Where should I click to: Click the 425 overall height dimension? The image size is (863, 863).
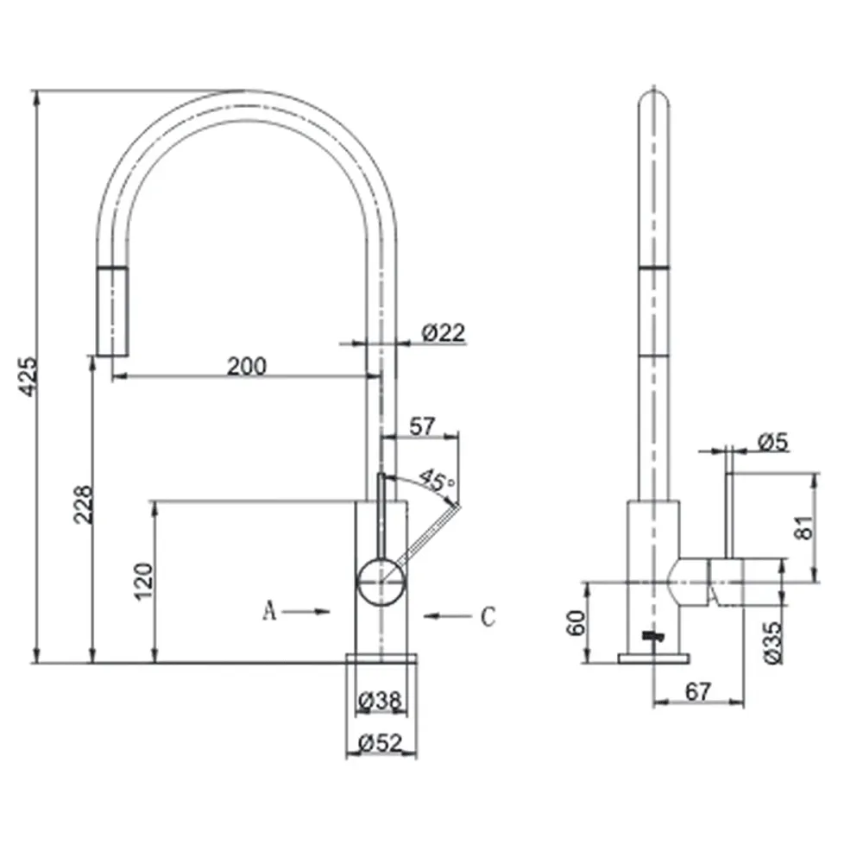pos(28,376)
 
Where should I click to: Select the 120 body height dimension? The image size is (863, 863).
pos(143,581)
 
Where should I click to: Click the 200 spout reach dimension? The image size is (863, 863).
pos(247,366)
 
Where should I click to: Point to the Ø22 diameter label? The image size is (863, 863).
pos(443,332)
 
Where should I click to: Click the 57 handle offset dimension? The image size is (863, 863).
pos(422,426)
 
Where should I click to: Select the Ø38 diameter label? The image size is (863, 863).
pos(380,701)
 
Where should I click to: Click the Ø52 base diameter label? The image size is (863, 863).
pos(381,743)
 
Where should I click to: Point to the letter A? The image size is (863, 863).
pos(269,610)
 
